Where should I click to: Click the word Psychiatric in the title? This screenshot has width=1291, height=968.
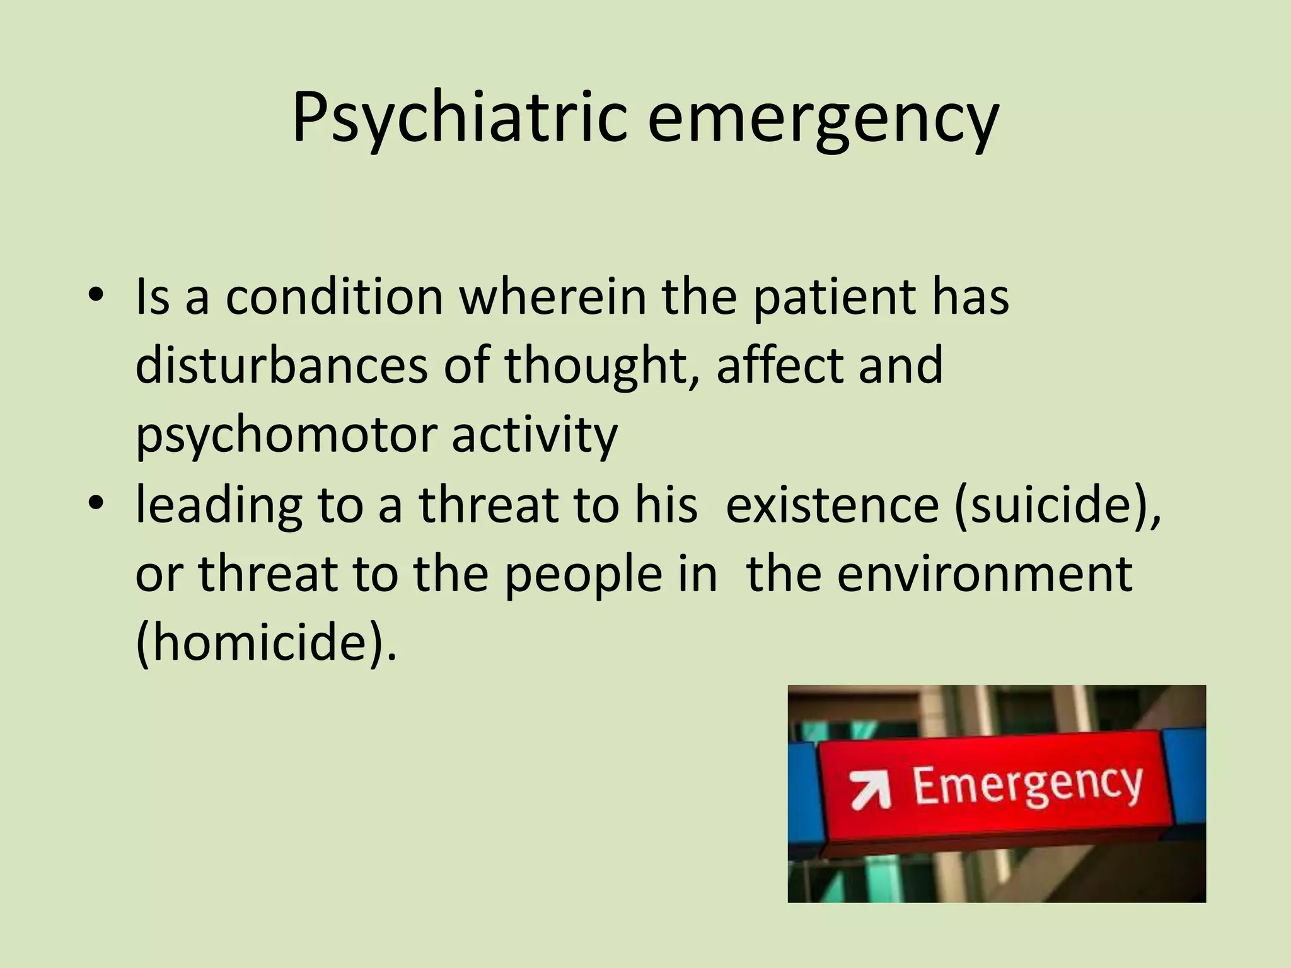pyautogui.click(x=459, y=118)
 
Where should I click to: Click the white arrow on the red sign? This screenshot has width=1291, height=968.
pyautogui.click(x=870, y=790)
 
